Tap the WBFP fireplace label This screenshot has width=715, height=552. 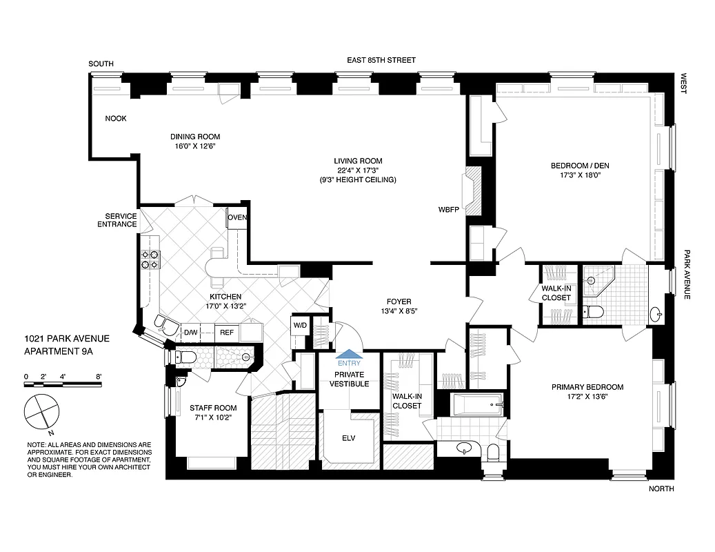[x=449, y=208]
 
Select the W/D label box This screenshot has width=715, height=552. [x=300, y=325]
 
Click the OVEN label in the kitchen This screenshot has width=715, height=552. [x=238, y=217]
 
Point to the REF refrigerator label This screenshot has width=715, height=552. [x=226, y=333]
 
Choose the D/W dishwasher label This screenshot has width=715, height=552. [x=190, y=333]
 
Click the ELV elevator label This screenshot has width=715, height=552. [x=349, y=437]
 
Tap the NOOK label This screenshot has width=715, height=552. [x=116, y=119]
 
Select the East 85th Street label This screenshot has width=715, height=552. [x=381, y=61]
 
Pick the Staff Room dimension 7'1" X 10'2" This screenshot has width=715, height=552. [x=208, y=417]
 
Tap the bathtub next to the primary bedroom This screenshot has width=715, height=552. [x=477, y=405]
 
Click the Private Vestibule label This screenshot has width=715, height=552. [x=349, y=379]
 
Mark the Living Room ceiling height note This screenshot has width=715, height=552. [x=356, y=179]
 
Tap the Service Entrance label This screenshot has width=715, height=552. [x=117, y=219]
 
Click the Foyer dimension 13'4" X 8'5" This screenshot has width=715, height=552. [x=399, y=310]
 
